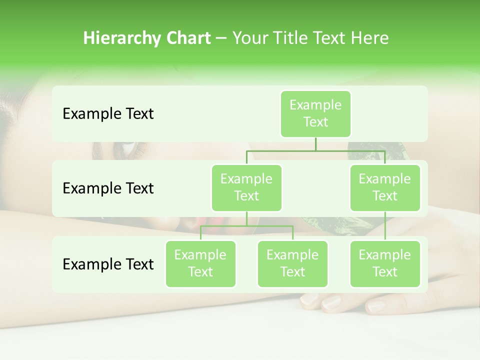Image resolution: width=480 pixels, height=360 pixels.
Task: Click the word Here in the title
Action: click(x=370, y=38)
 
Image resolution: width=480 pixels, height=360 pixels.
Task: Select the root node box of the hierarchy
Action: click(x=315, y=114)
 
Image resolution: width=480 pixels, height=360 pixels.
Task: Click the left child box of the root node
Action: click(x=246, y=187)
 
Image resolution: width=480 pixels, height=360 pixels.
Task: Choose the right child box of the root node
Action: click(x=385, y=187)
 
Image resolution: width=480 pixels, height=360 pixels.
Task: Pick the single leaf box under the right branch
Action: click(x=385, y=263)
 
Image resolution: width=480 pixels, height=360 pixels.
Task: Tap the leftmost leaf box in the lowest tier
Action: click(x=200, y=263)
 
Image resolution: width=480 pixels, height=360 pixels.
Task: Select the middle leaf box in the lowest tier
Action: click(x=292, y=263)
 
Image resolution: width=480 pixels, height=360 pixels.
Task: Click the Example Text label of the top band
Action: click(x=108, y=114)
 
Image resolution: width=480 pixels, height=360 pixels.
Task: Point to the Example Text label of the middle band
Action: click(x=108, y=188)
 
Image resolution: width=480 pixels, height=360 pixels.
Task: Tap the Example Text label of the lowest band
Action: click(x=108, y=264)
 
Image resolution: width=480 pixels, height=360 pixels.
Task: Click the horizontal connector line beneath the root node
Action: click(x=315, y=150)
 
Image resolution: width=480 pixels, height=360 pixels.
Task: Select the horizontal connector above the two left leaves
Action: click(x=246, y=226)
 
